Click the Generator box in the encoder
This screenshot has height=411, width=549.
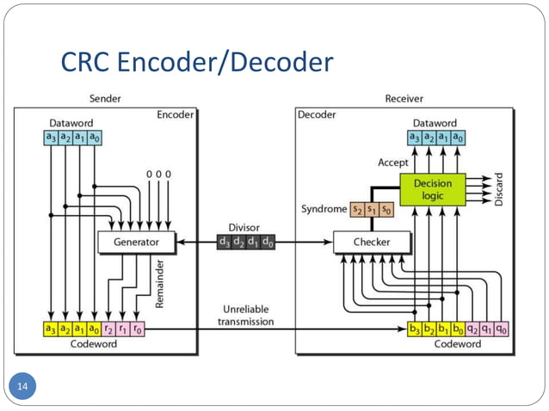pyautogui.click(x=136, y=242)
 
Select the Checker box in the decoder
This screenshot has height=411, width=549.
pyautogui.click(x=371, y=242)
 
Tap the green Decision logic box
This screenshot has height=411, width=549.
pyautogui.click(x=432, y=189)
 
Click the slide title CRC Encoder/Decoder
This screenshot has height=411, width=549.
pyautogui.click(x=197, y=63)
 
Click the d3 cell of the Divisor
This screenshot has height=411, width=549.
pyautogui.click(x=225, y=242)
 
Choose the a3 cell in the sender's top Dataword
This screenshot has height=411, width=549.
pyautogui.click(x=52, y=138)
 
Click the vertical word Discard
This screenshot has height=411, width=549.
pyautogui.click(x=500, y=188)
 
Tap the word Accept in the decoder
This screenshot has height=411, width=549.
pyautogui.click(x=393, y=163)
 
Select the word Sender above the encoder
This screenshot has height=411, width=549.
pyautogui.click(x=105, y=99)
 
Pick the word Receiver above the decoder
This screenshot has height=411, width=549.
pyautogui.click(x=404, y=99)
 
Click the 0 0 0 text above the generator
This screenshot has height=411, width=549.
pyautogui.click(x=158, y=175)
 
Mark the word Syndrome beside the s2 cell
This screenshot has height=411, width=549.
pyautogui.click(x=324, y=209)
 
